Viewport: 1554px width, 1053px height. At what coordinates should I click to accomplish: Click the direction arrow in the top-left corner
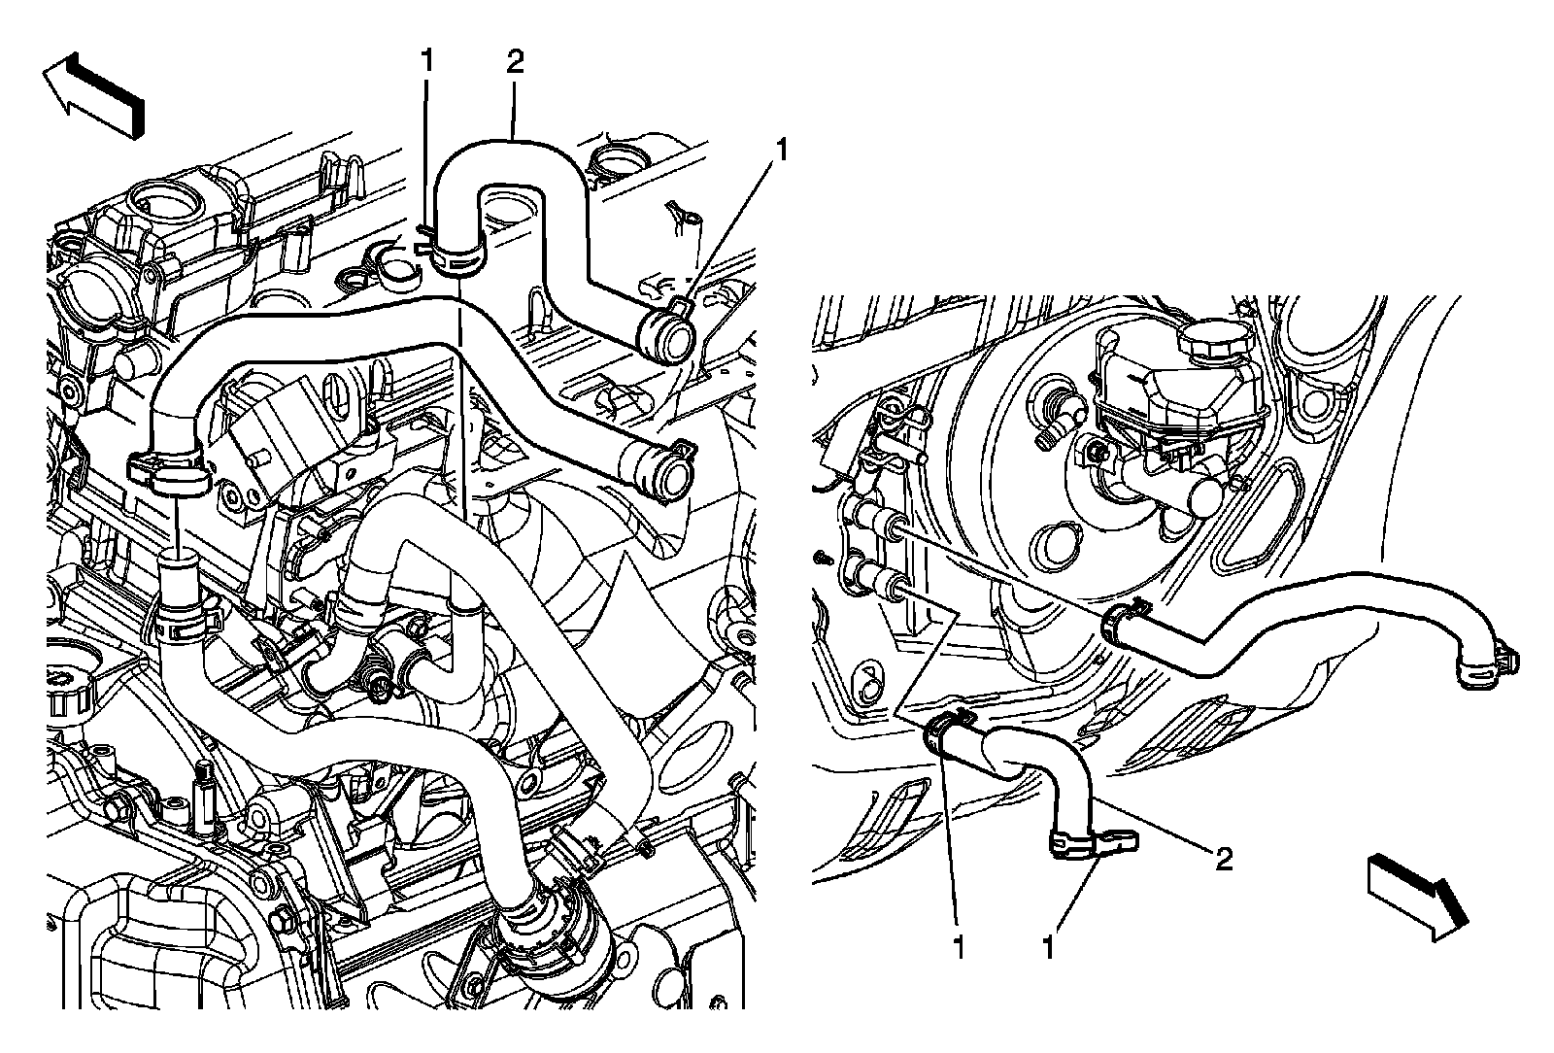click(94, 94)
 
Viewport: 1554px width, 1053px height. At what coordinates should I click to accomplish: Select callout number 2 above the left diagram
click(515, 62)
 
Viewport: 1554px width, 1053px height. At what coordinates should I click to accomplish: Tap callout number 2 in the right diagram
click(1224, 858)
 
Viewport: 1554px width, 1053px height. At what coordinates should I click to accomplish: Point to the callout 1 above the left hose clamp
click(425, 62)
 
